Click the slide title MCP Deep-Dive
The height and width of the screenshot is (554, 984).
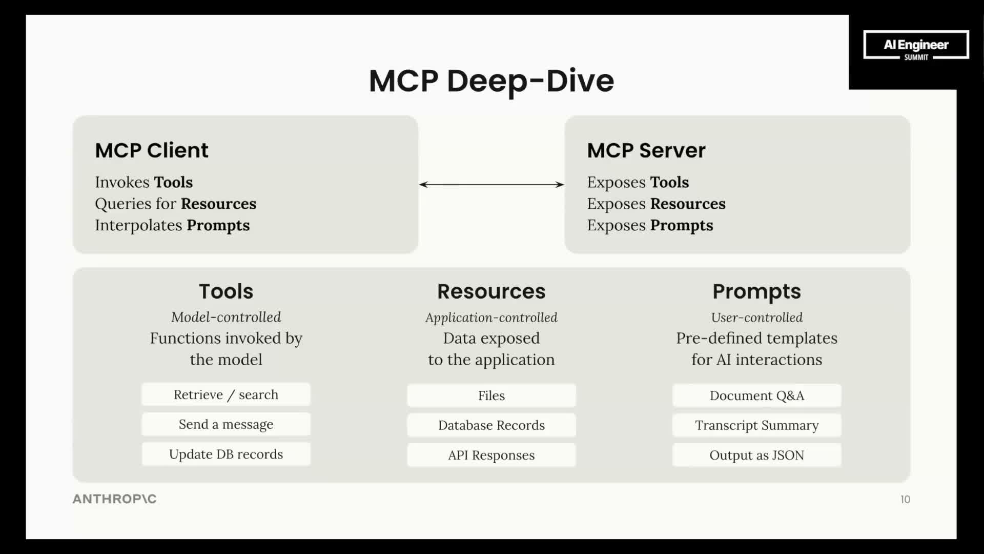491,81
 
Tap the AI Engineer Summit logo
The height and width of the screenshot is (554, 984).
916,46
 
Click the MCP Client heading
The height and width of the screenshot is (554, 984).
152,150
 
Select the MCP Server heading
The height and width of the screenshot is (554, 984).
646,150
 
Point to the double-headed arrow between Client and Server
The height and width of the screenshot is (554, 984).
491,184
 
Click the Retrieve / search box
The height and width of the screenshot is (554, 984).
226,394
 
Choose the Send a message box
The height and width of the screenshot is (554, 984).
226,424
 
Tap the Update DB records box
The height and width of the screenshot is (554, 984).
226,454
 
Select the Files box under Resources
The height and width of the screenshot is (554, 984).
491,395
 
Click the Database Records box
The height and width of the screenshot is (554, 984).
491,425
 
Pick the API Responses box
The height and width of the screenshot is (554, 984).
491,455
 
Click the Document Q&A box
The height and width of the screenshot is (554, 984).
756,395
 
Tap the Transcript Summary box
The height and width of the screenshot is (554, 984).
756,425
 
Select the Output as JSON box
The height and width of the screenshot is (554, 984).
756,455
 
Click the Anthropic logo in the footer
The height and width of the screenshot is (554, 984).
114,499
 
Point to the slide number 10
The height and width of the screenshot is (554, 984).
905,499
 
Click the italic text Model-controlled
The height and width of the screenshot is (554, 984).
226,317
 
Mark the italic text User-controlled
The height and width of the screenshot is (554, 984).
756,318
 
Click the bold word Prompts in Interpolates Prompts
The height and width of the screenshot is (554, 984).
218,225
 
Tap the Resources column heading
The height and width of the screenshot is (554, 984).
491,291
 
